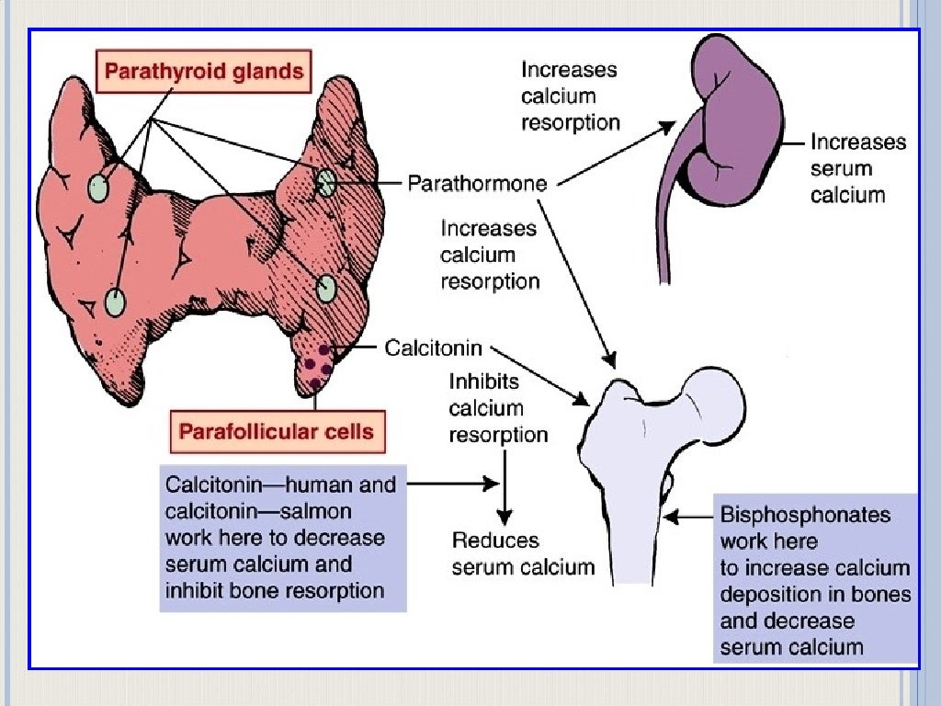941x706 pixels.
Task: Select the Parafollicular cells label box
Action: tap(276, 431)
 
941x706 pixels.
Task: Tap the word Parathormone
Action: tap(477, 183)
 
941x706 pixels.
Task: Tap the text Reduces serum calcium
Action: tap(522, 553)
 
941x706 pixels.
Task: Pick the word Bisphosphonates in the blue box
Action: tap(805, 514)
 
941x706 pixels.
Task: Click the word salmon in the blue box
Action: tap(312, 510)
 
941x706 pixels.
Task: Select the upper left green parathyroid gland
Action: tap(98, 188)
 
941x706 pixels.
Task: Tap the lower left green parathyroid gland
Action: tap(115, 302)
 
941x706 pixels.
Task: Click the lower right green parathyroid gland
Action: tap(326, 289)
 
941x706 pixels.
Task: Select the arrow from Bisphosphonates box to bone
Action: tap(688, 518)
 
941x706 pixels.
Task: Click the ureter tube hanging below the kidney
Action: tap(663, 230)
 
